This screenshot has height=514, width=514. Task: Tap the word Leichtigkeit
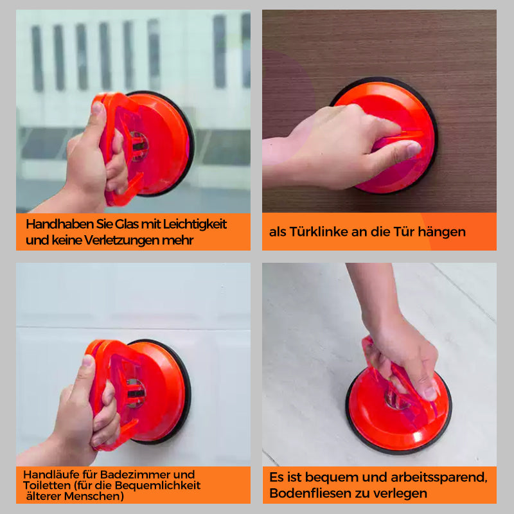[x=195, y=224]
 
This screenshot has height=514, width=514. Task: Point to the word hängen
[x=441, y=233]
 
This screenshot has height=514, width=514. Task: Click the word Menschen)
[x=94, y=496]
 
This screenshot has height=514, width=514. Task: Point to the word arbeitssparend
[x=439, y=477]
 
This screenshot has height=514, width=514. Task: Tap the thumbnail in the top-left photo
[x=98, y=107]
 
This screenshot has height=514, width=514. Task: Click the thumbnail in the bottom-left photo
[x=88, y=360]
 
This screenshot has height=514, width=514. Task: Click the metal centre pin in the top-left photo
[x=139, y=146]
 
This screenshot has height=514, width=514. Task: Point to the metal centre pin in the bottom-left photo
[x=136, y=393]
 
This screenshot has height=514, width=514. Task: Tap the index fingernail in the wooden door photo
[x=414, y=149]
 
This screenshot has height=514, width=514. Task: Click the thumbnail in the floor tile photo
[x=430, y=393]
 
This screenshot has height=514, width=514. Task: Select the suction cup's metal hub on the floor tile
[x=396, y=400]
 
